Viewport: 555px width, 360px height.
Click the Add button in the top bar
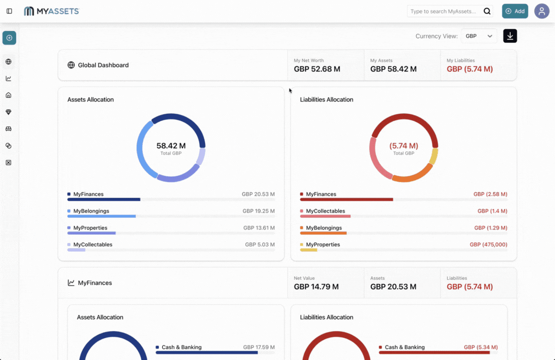pos(515,11)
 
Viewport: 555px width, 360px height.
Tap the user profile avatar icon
pos(541,11)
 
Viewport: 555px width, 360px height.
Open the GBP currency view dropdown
pos(479,36)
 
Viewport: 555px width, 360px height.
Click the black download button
pos(510,36)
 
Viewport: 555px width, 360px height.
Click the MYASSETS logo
pos(52,11)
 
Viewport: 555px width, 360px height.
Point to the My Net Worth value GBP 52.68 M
pos(317,69)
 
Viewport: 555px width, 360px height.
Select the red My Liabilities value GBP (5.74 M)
pos(469,69)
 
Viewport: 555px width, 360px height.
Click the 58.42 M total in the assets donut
pos(171,145)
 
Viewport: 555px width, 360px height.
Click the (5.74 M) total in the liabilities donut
pos(404,145)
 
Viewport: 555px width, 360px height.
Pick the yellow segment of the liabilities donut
pos(434,157)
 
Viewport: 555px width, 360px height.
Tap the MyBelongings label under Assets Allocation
pos(91,211)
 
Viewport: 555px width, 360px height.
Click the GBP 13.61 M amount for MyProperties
pos(259,228)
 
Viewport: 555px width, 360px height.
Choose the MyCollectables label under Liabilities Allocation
pos(325,211)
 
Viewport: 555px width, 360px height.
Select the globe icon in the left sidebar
pos(9,62)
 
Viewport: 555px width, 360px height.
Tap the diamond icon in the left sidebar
pos(9,112)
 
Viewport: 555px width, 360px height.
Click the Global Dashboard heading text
pos(103,65)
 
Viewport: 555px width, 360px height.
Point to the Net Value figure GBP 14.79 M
pos(316,287)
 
